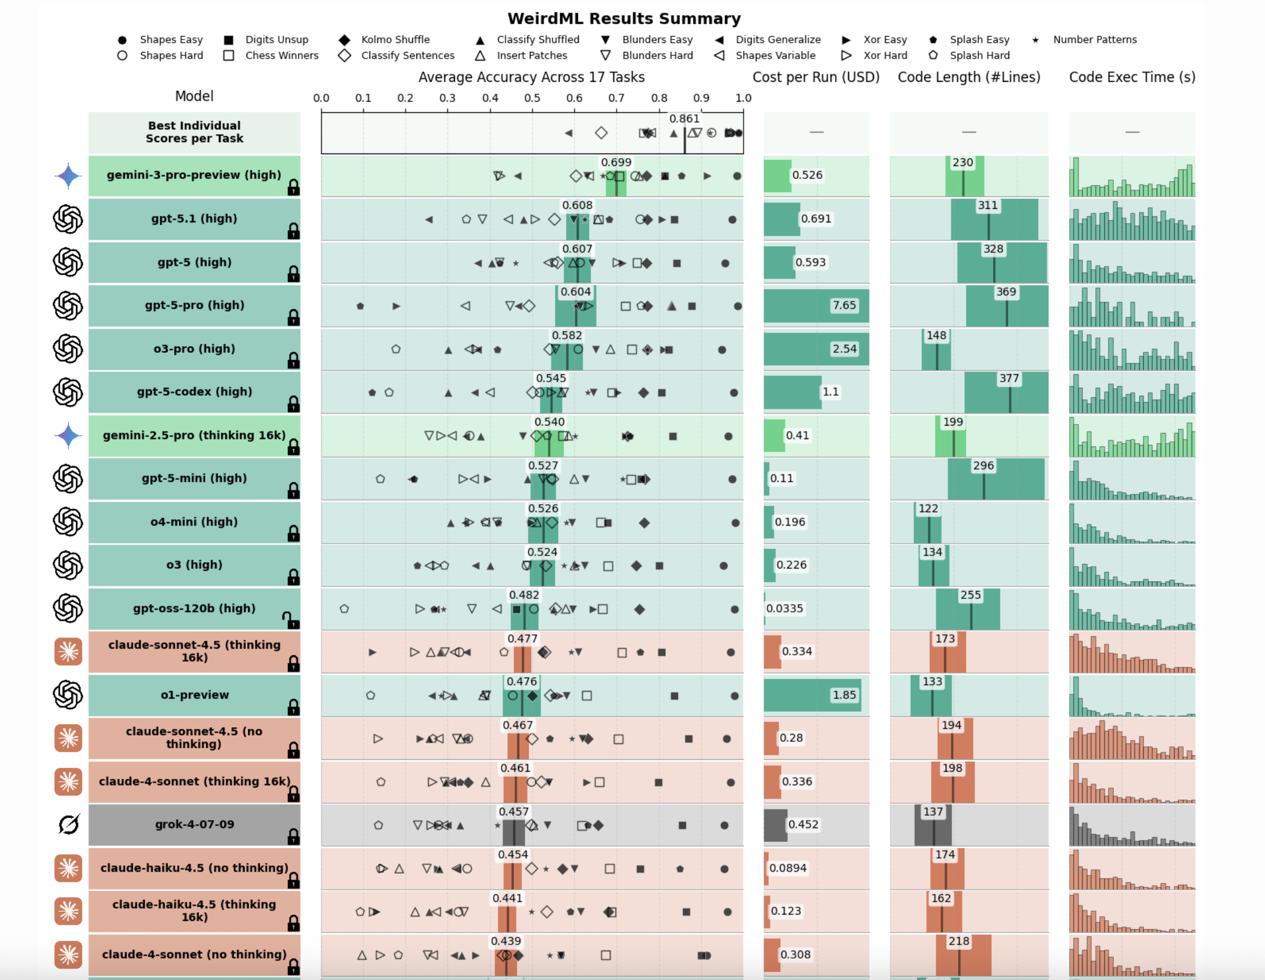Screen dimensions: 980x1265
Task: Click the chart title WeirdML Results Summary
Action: (624, 19)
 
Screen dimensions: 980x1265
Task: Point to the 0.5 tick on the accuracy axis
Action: (532, 98)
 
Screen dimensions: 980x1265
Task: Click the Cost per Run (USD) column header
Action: (815, 77)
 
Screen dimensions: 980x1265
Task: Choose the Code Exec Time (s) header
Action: (1132, 77)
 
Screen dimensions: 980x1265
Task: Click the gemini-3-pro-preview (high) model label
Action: (194, 175)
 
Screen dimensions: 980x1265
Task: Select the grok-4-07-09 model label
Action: (194, 824)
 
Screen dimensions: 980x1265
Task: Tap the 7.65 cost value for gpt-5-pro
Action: (844, 305)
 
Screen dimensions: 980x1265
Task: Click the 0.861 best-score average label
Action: (684, 119)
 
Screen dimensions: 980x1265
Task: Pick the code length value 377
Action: (1008, 378)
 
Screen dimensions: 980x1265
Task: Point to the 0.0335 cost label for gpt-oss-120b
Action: (784, 609)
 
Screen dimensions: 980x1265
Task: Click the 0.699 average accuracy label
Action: (616, 162)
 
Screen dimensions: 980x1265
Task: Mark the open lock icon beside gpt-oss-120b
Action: (291, 620)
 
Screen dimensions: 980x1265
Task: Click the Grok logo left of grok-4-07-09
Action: (68, 824)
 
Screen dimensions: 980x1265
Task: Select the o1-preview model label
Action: (194, 695)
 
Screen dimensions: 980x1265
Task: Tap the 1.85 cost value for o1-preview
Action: (844, 695)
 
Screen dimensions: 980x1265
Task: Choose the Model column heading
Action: (194, 96)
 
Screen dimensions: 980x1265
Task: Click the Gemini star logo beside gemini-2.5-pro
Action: (68, 435)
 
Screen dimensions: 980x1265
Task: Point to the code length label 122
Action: (928, 508)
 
